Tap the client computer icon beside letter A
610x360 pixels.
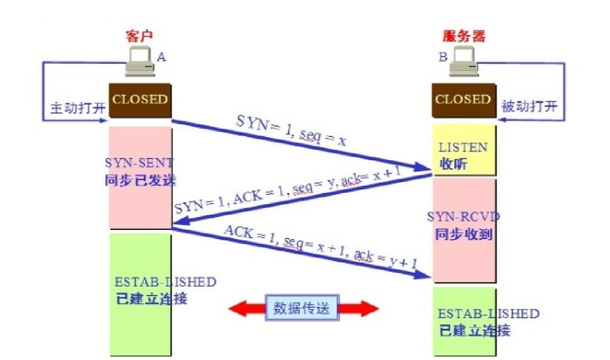pos(140,64)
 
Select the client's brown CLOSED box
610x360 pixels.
pos(140,100)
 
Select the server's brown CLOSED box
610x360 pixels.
pos(462,100)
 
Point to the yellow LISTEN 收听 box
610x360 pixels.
pos(462,154)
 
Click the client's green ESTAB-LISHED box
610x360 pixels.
pos(139,292)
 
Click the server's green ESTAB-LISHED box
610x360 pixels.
pos(462,322)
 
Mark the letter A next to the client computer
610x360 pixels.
pos(161,57)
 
